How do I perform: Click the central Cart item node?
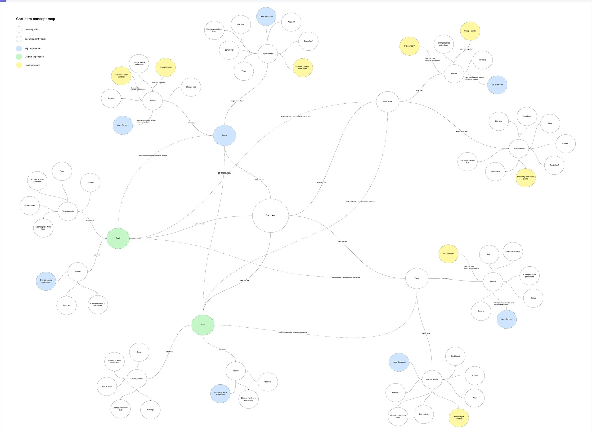270,215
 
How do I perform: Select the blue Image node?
224,135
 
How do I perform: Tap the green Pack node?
118,238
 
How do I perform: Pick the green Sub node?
203,325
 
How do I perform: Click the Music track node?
387,102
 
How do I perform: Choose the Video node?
417,278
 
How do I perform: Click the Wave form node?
495,172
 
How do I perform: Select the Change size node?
191,87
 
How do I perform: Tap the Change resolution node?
513,251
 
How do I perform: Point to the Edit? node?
489,254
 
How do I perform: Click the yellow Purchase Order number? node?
121,76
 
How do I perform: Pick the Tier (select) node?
424,414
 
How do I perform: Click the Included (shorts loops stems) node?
526,178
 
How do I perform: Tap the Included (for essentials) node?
459,418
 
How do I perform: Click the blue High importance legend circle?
19,48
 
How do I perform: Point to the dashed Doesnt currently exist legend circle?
19,39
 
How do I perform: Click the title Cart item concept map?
36,19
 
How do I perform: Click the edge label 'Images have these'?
237,101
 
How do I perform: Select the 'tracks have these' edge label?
462,132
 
